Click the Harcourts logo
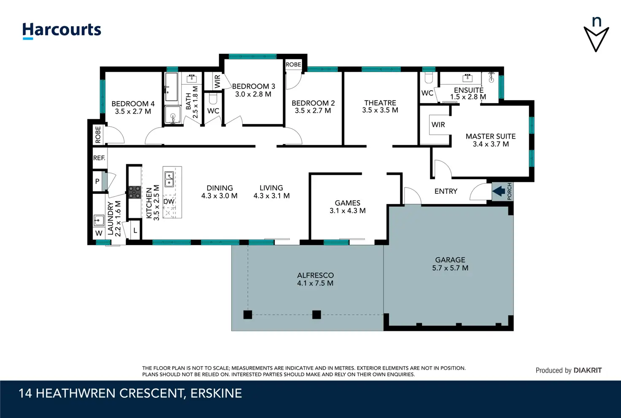pyautogui.click(x=62, y=30)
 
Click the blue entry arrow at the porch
pyautogui.click(x=499, y=191)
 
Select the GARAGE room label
pyautogui.click(x=450, y=260)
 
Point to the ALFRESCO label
pyautogui.click(x=316, y=276)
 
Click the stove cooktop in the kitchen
pyautogui.click(x=135, y=192)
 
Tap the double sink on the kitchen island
pyautogui.click(x=169, y=179)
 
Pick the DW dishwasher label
pyautogui.click(x=169, y=201)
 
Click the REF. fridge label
pyautogui.click(x=99, y=158)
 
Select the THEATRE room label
pyautogui.click(x=380, y=103)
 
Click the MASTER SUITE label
pyautogui.click(x=491, y=137)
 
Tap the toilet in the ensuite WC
pyautogui.click(x=429, y=78)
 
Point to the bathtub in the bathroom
pyautogui.click(x=171, y=87)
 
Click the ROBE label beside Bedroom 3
pyautogui.click(x=293, y=64)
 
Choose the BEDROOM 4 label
pyautogui.click(x=133, y=104)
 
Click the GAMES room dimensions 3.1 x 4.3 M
pyautogui.click(x=348, y=211)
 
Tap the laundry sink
pyautogui.click(x=99, y=220)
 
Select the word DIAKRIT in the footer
pyautogui.click(x=588, y=370)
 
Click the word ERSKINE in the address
pyautogui.click(x=216, y=394)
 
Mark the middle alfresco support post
pyautogui.click(x=316, y=315)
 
